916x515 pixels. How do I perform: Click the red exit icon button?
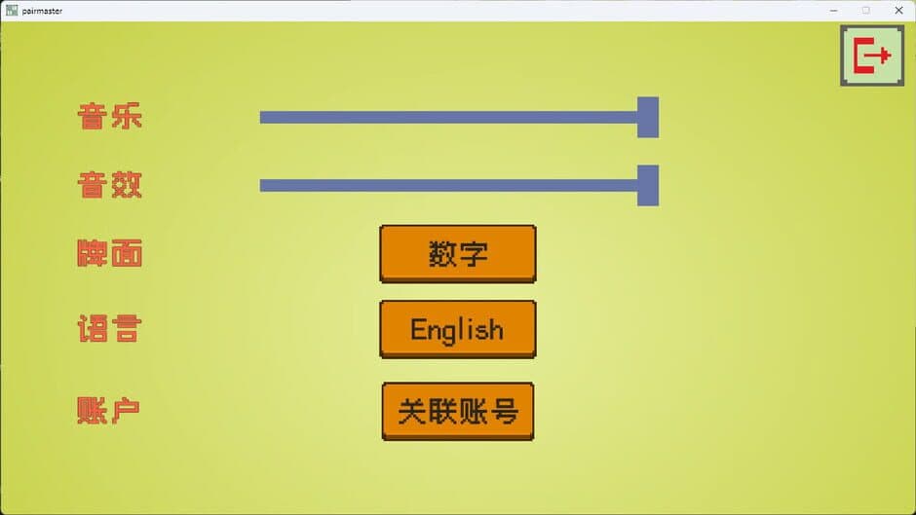coord(871,55)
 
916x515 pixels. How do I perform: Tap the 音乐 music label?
coord(110,117)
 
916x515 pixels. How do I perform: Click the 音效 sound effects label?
coord(110,184)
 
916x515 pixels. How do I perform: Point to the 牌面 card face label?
coord(110,254)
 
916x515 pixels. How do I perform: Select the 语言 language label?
coord(109,329)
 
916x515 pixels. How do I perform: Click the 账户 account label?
coord(108,410)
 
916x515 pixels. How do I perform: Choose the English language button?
coord(457,329)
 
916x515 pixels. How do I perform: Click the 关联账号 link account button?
coord(457,411)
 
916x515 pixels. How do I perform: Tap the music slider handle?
coord(648,117)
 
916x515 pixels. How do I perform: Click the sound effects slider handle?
coord(648,185)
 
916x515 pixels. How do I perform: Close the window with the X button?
coord(898,10)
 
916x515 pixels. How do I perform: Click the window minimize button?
coord(834,10)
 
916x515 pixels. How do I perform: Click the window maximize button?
coord(866,10)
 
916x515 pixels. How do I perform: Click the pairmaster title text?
coord(42,11)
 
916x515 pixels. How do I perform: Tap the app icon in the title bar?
coord(12,11)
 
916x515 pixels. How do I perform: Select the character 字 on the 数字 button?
coord(473,254)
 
